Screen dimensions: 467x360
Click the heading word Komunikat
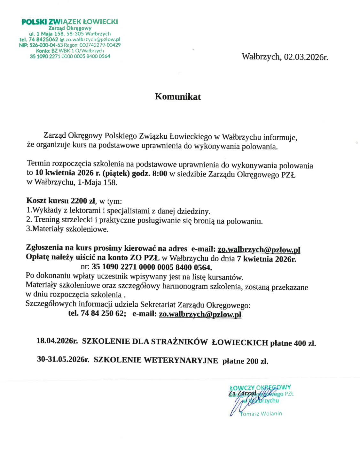tap(178, 97)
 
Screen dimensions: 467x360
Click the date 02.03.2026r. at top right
tap(306, 57)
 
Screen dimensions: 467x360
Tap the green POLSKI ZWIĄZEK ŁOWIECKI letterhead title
tap(70, 22)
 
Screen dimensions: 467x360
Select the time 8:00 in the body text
tap(160, 173)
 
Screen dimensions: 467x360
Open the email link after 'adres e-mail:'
tap(259, 249)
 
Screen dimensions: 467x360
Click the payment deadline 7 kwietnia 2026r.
tap(266, 259)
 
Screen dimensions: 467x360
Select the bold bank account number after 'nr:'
tap(152, 267)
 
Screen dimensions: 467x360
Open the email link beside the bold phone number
tap(200, 314)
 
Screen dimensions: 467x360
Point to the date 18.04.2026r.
tap(57, 341)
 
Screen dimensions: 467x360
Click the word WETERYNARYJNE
tap(181, 360)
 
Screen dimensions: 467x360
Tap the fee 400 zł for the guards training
tap(304, 343)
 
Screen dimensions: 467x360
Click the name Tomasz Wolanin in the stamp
tap(261, 414)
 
